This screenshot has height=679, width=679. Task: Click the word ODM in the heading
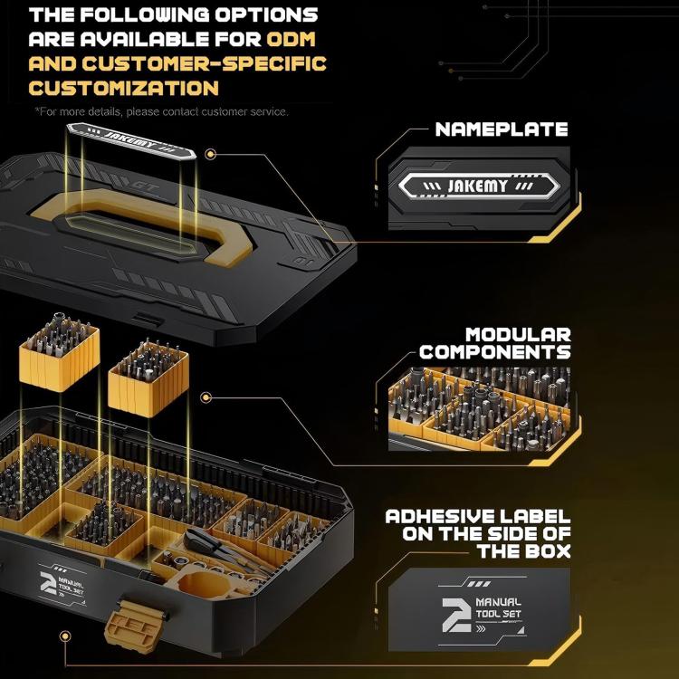pyautogui.click(x=293, y=40)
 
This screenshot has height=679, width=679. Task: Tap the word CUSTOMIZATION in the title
pyautogui.click(x=123, y=88)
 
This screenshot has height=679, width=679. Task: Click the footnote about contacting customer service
pyautogui.click(x=161, y=111)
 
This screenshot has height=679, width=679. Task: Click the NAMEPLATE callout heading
pyautogui.click(x=501, y=129)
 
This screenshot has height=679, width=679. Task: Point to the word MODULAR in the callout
pyautogui.click(x=518, y=335)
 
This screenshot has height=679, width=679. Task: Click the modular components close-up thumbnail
pyautogui.click(x=479, y=407)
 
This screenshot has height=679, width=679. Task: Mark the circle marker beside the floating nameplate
pyautogui.click(x=210, y=155)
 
